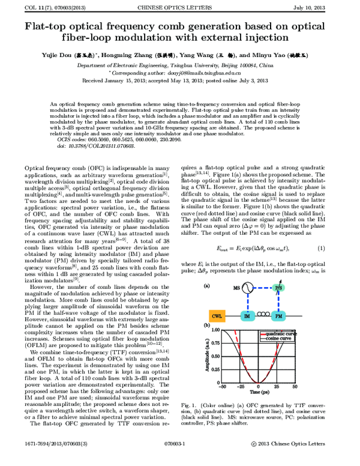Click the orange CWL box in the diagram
pos(217,314)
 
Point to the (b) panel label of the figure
pos(207,325)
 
